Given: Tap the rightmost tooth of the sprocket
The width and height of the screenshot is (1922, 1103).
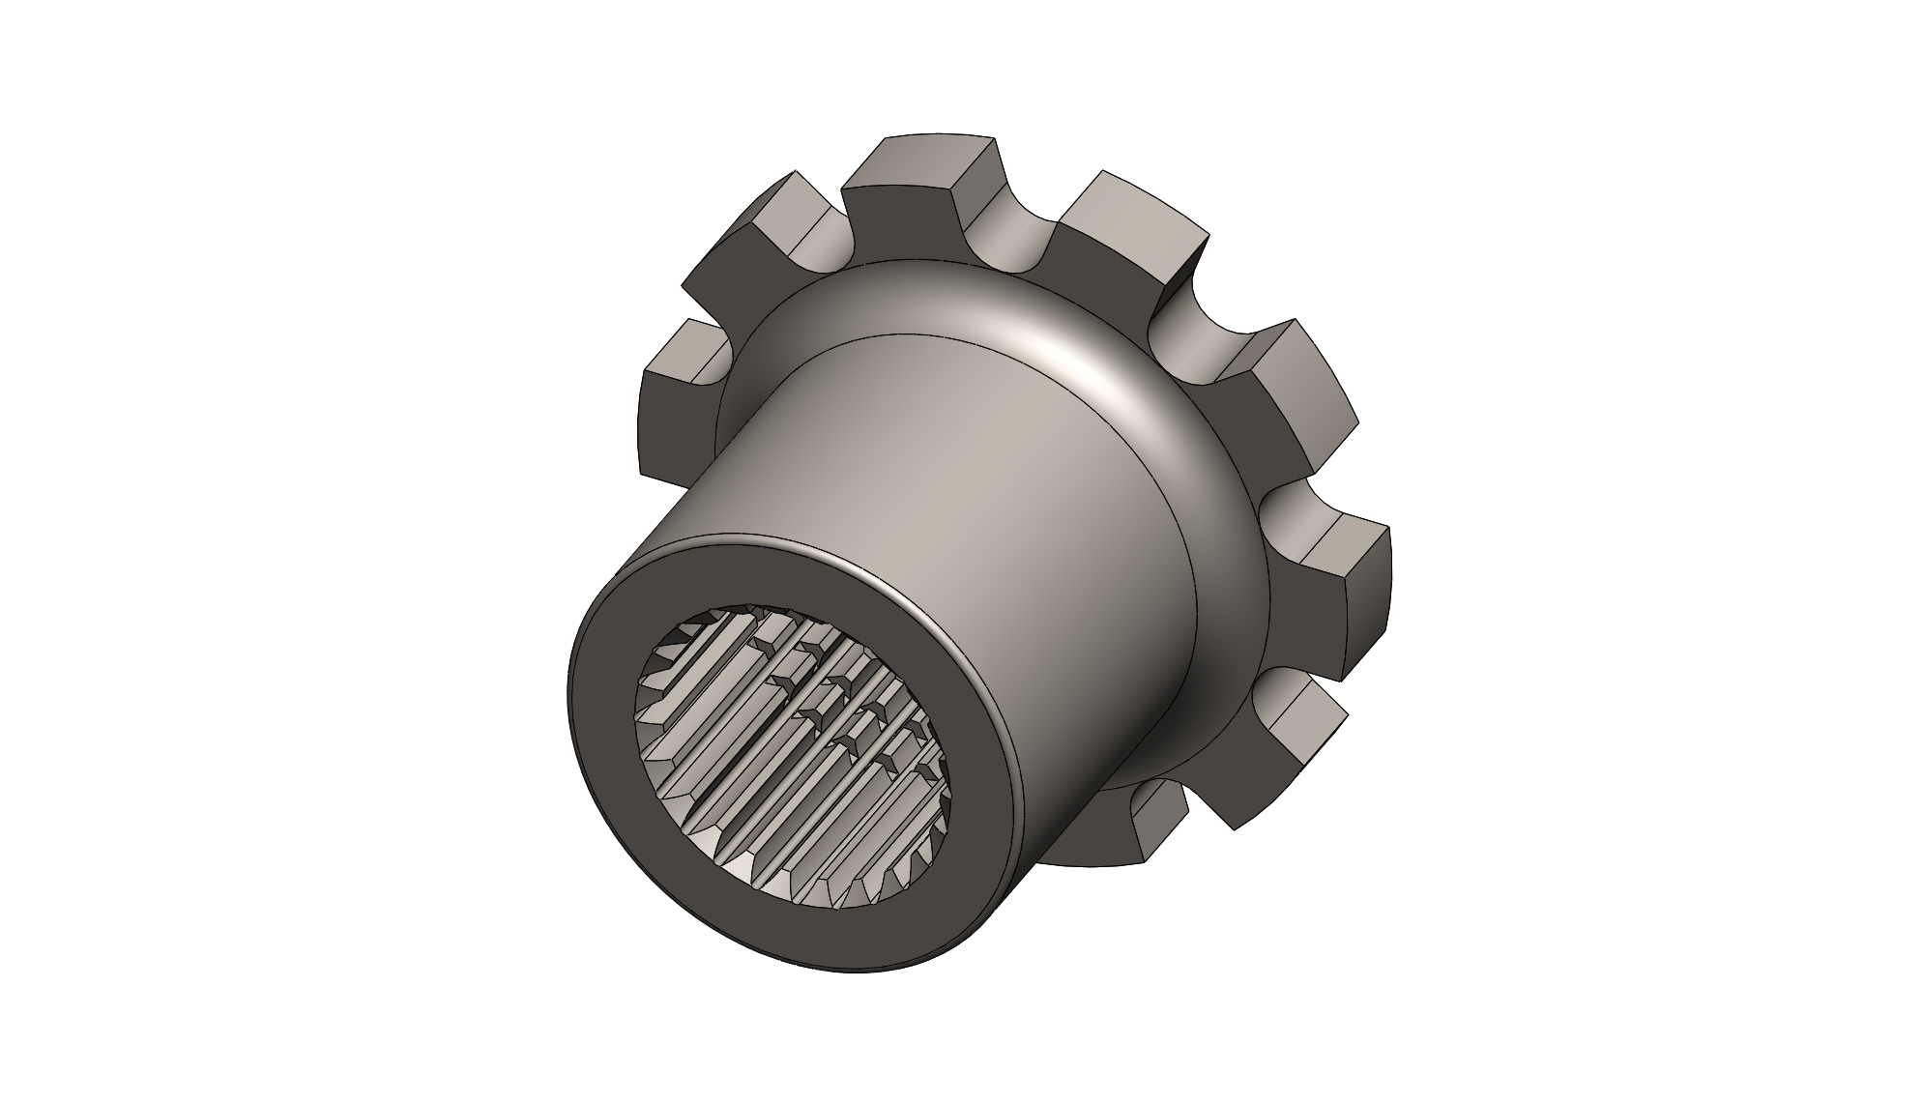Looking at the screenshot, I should (x=1349, y=590).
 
